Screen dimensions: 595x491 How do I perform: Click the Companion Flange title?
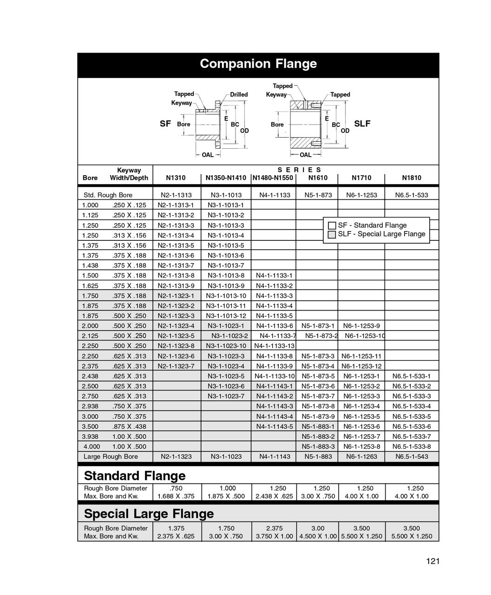point(258,64)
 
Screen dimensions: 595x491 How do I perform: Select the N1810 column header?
point(412,178)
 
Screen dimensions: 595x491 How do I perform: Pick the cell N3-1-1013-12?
point(226,316)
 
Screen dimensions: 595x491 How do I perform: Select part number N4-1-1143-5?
point(275,426)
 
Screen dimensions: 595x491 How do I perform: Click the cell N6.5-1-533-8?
point(412,446)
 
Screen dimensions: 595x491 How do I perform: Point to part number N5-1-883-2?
point(318,436)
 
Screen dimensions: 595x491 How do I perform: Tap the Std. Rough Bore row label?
point(108,195)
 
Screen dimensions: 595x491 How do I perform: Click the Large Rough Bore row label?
point(111,456)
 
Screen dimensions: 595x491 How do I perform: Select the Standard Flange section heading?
point(135,476)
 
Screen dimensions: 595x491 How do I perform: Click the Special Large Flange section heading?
point(149,514)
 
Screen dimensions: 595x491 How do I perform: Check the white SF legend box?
point(332,225)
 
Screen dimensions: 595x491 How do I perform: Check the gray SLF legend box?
point(332,234)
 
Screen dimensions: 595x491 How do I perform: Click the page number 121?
point(432,561)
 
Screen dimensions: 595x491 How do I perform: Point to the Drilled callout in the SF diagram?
point(239,94)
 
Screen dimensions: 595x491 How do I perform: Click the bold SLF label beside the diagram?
point(362,124)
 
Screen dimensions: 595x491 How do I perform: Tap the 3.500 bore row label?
point(90,426)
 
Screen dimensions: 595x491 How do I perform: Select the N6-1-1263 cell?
point(361,456)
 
